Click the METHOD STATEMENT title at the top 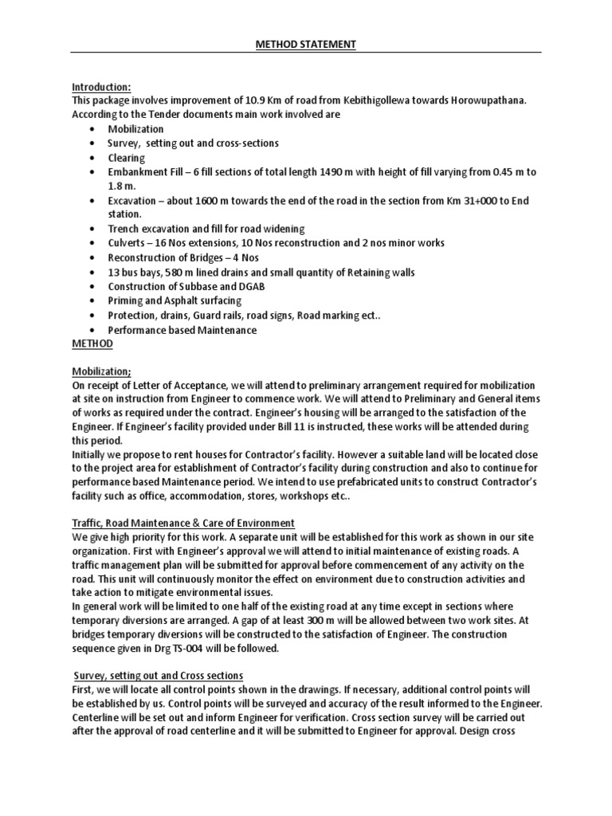pyautogui.click(x=306, y=45)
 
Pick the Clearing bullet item pyautogui.click(x=126, y=158)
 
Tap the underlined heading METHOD pyautogui.click(x=92, y=343)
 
